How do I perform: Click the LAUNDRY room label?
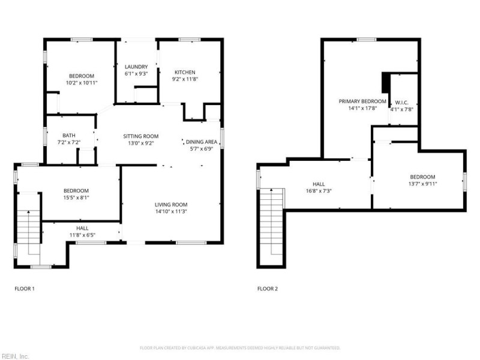point(136,67)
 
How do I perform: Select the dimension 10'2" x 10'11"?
point(82,83)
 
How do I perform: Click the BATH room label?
point(69,136)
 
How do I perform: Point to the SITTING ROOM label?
point(140,136)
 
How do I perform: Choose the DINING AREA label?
point(202,142)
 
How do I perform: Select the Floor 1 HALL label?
point(83,229)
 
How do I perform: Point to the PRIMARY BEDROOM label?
point(362,101)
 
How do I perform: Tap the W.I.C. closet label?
point(402,101)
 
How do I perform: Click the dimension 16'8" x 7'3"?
point(318,191)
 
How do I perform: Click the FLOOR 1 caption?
point(24,289)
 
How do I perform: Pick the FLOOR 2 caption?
point(268,289)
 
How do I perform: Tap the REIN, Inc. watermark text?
point(14,356)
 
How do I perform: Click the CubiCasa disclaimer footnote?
point(240,348)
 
